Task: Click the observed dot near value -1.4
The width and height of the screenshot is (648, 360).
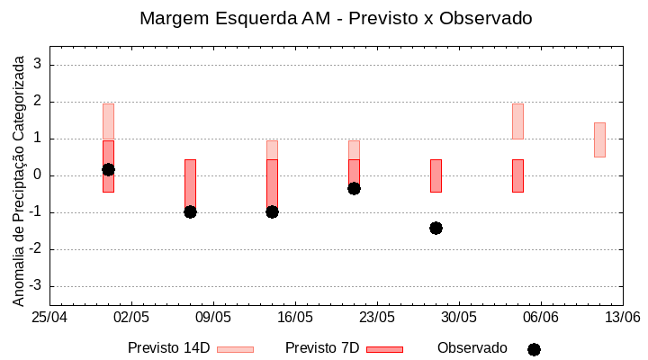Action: point(436,228)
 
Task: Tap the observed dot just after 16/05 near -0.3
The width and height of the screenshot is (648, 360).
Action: point(354,188)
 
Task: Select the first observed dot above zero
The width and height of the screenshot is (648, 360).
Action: point(108,169)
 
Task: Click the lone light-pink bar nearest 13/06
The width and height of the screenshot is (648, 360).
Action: point(599,139)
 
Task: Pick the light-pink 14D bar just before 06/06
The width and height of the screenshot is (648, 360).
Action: point(517,121)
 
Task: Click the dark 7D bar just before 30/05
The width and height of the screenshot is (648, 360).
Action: point(436,175)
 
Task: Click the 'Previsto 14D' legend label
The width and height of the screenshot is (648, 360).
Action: point(168,348)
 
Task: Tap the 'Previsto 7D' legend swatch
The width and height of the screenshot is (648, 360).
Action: point(384,349)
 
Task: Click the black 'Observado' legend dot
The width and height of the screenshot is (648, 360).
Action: point(534,349)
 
